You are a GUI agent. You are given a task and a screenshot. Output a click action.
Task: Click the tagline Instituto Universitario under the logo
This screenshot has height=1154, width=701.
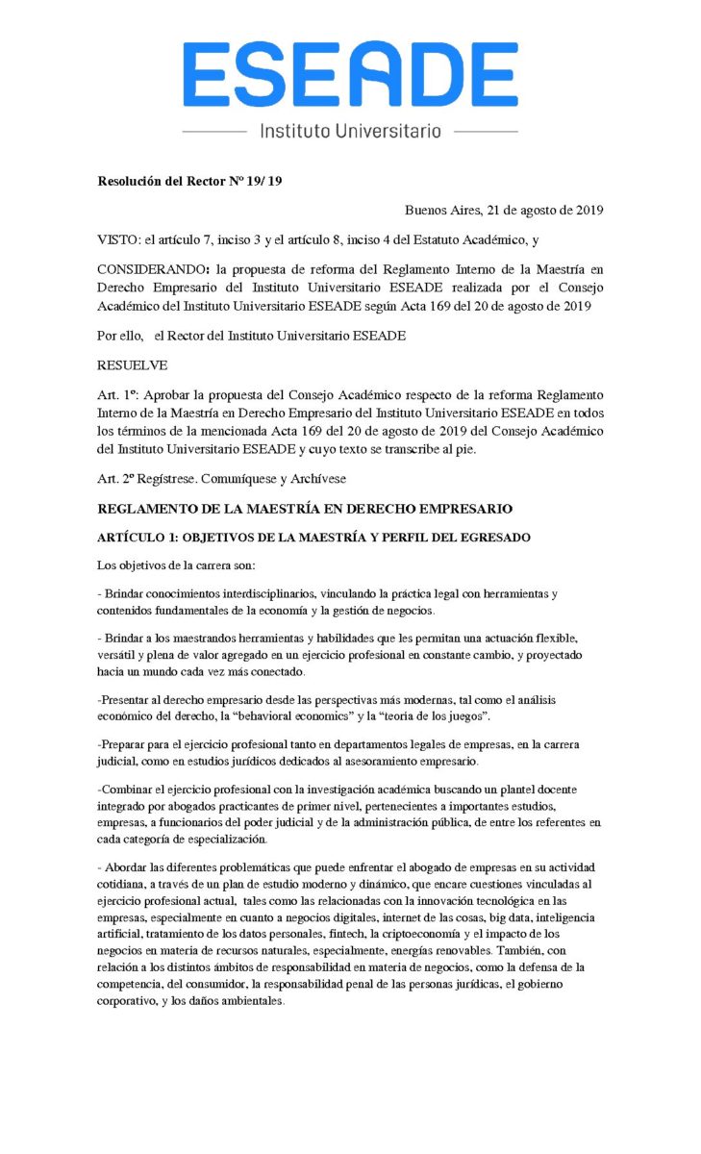350,130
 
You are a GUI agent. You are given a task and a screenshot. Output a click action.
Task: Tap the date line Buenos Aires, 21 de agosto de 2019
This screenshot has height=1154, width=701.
504,210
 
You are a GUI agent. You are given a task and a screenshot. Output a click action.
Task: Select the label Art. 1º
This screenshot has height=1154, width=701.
115,395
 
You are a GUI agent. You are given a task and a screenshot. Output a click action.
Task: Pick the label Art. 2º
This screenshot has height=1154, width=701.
115,478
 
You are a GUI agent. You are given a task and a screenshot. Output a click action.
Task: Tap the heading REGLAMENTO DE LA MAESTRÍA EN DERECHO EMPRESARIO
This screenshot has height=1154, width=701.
305,508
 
